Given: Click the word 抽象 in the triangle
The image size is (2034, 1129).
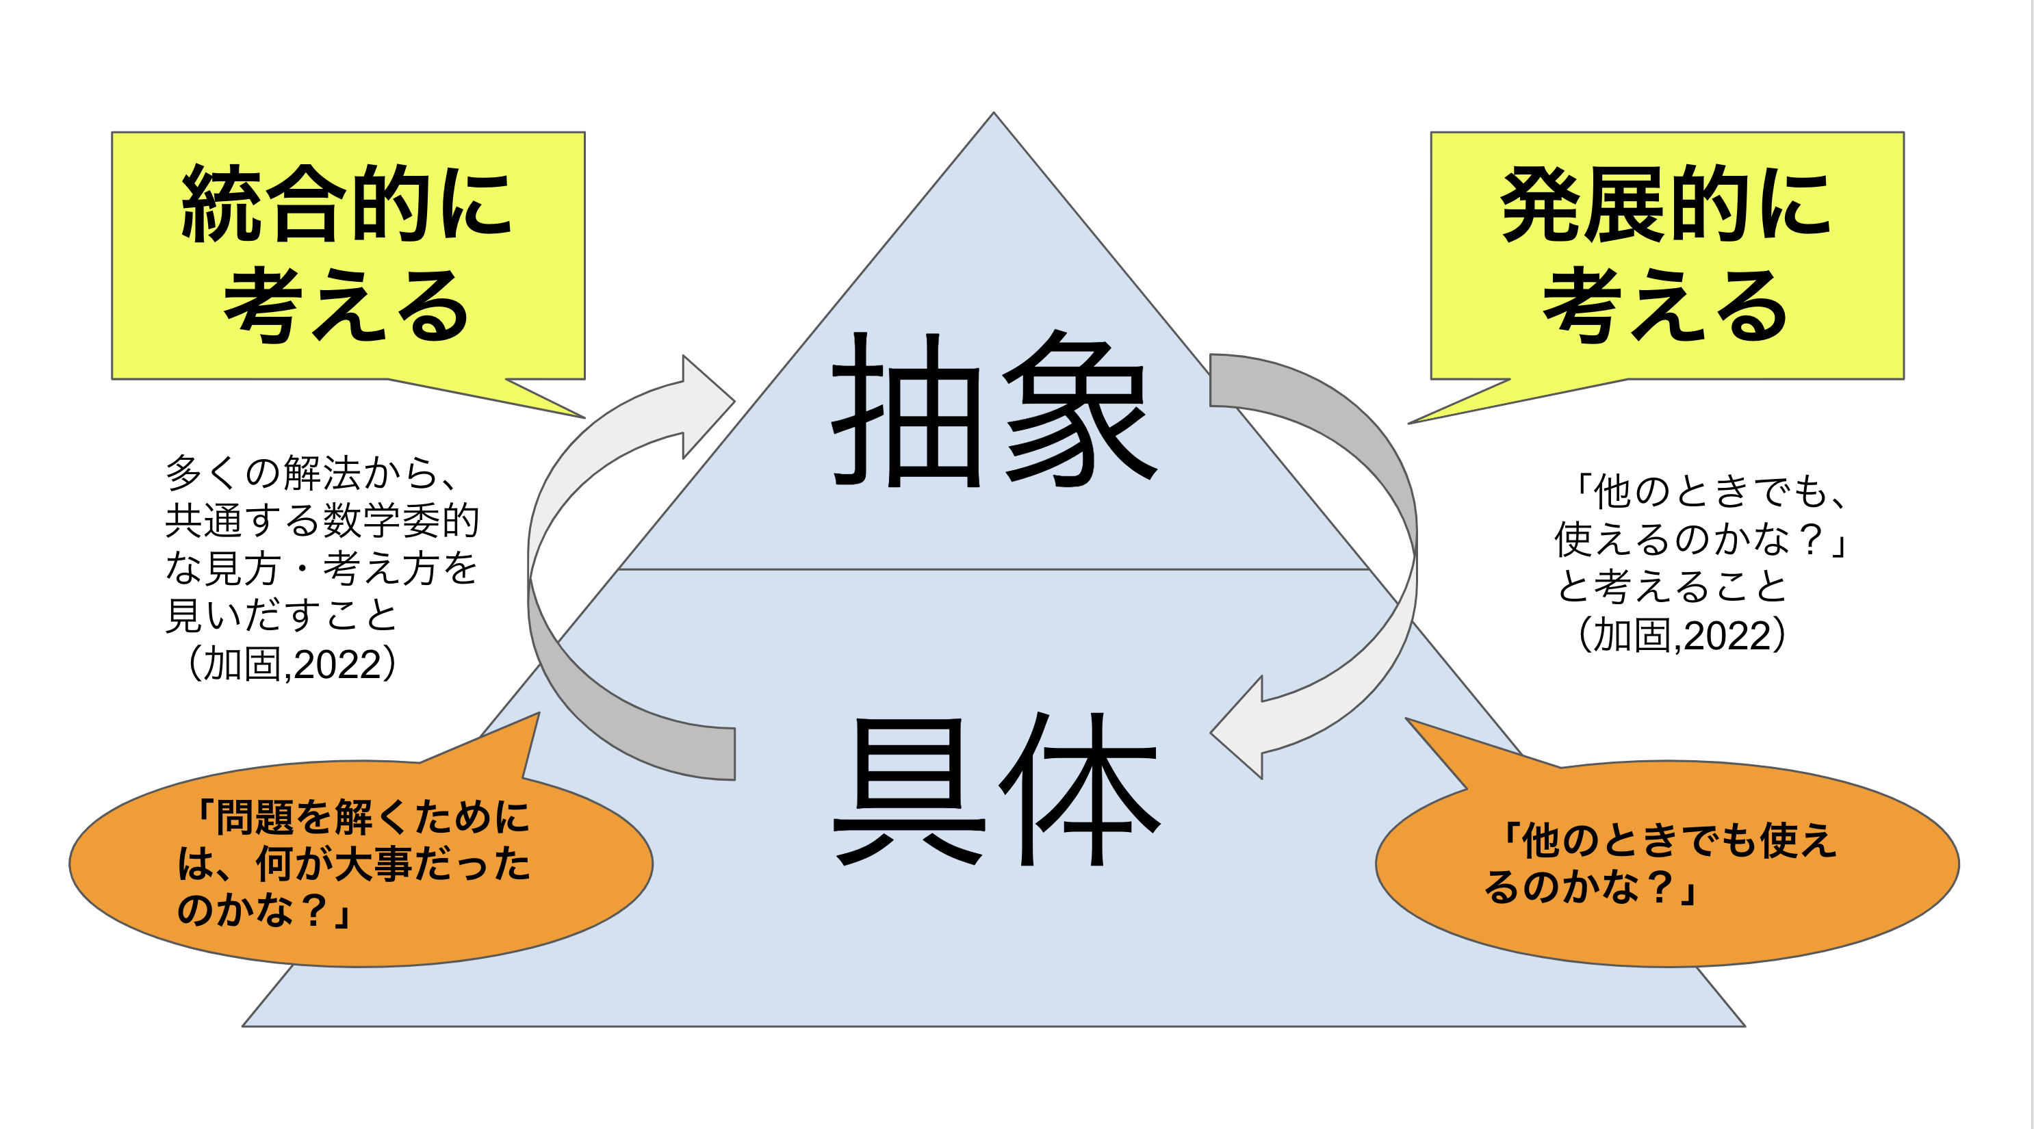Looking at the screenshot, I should coord(993,409).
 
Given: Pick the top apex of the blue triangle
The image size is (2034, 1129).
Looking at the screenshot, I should coord(993,115).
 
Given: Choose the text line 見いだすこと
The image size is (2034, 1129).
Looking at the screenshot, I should coord(281,615).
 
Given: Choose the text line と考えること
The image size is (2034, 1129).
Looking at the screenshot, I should coord(1671,586).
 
